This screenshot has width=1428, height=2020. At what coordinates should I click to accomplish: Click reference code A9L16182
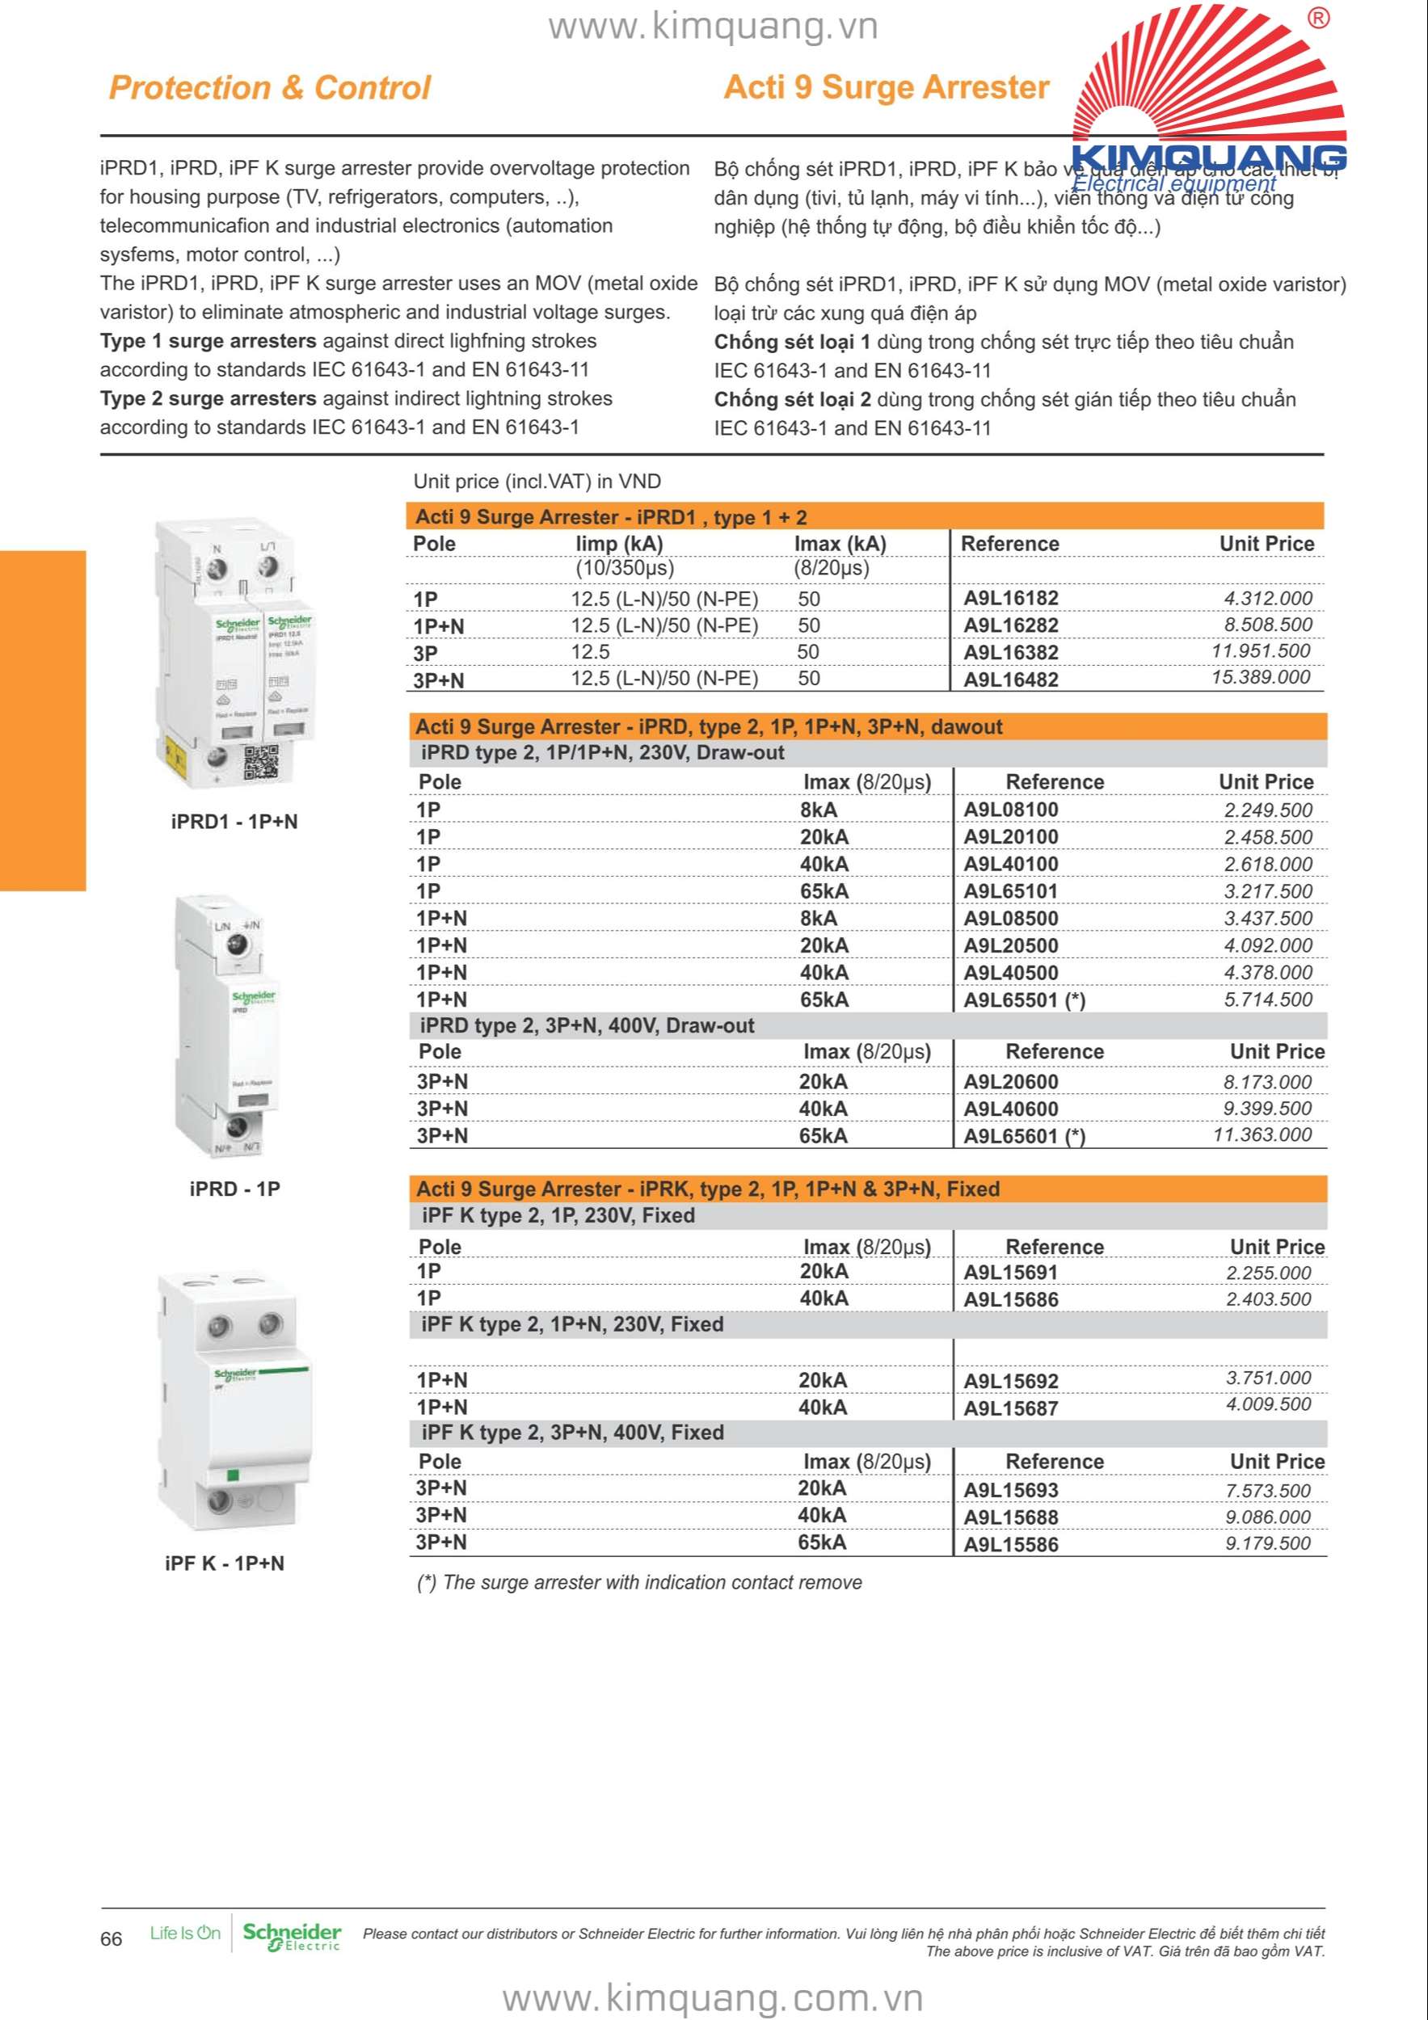coord(1011,598)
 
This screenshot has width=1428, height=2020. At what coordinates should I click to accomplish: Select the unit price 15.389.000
coord(1261,677)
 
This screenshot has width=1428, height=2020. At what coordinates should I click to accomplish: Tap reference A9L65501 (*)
coord(1024,999)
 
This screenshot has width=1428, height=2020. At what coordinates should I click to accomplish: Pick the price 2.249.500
coord(1267,810)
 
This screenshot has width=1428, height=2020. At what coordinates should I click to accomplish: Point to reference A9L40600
coord(1011,1109)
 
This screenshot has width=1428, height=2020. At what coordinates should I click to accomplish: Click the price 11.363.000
coord(1262,1135)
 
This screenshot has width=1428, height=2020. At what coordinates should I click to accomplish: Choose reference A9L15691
coord(1011,1272)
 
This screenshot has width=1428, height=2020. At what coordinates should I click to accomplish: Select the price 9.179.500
coord(1267,1543)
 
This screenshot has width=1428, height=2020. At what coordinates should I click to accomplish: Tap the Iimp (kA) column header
coord(618,544)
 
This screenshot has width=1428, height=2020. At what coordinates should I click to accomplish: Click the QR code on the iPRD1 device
coord(260,762)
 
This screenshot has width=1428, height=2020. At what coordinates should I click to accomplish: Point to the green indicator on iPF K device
coord(234,1475)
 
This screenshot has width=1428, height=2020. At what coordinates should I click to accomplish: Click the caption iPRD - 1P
coord(234,1189)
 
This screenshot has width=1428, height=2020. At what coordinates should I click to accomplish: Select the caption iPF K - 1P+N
coord(225,1563)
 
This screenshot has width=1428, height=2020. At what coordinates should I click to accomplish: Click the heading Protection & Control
coord(269,88)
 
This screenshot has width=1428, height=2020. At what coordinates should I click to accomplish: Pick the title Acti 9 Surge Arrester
coord(886,87)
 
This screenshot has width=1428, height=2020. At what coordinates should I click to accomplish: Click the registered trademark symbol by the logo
coord(1318,19)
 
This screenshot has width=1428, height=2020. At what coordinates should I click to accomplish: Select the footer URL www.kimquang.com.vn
coord(713,1997)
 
